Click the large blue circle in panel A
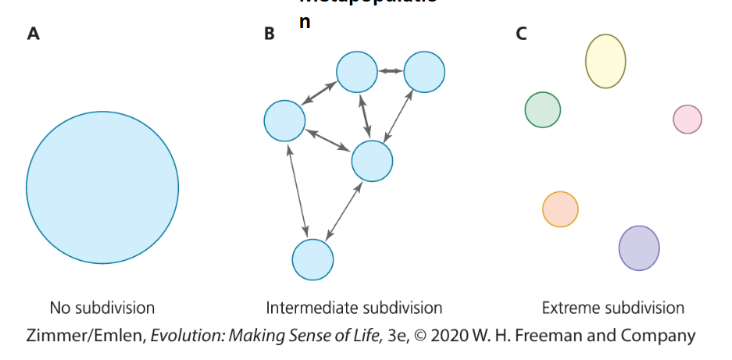(102, 187)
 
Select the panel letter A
(33, 34)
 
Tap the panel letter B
(270, 34)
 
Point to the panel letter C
(521, 34)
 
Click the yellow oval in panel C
(605, 62)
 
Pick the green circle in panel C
(543, 109)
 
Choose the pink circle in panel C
(687, 119)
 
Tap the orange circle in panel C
(560, 209)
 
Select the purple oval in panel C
(639, 248)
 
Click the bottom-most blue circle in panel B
(312, 259)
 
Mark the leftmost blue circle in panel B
(284, 122)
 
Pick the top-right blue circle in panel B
(424, 72)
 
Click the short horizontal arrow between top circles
(391, 72)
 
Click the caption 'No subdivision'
(102, 308)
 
